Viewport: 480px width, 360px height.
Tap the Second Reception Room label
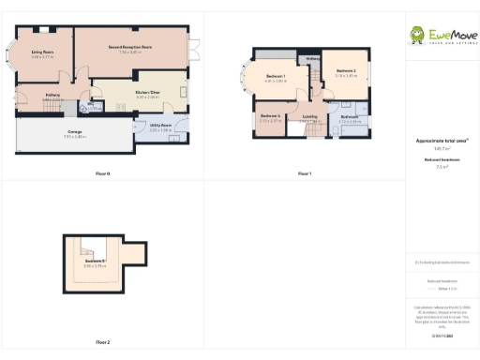click(130, 46)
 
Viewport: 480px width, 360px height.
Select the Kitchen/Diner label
click(148, 92)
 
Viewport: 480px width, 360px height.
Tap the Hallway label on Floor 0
click(52, 95)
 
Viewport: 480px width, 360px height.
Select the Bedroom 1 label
click(276, 76)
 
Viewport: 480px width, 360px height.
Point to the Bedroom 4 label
click(270, 115)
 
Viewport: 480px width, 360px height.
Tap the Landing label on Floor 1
click(310, 116)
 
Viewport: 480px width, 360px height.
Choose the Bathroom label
click(350, 116)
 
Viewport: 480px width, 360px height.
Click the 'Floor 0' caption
click(103, 174)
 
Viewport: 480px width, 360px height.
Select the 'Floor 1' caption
click(305, 174)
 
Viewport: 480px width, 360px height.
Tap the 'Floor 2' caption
click(103, 343)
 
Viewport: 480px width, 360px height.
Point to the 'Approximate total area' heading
click(442, 141)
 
